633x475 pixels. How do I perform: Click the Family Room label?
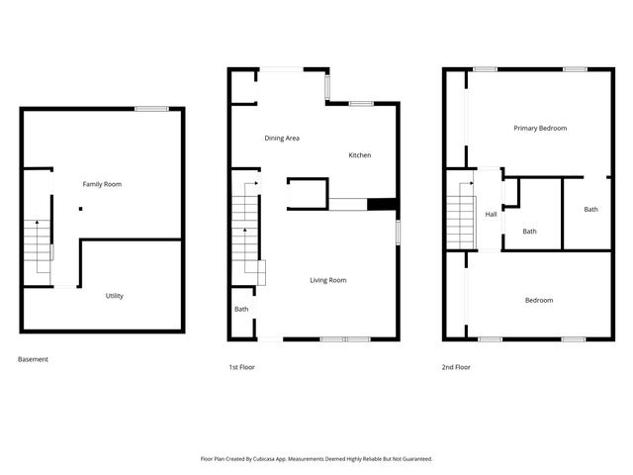102,184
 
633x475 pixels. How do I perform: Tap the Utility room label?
115,296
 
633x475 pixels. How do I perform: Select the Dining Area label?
282,139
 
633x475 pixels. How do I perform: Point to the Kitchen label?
359,155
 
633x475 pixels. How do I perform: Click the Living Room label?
327,280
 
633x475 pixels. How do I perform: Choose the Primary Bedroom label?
540,129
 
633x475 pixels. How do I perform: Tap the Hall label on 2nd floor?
491,214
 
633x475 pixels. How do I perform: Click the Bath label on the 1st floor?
241,310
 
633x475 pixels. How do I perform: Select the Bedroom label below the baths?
538,300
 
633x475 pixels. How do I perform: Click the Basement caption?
33,359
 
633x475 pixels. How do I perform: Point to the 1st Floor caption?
242,367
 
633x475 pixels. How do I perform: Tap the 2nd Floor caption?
456,367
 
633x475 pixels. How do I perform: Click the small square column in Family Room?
81,209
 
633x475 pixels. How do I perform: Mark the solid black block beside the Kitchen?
382,205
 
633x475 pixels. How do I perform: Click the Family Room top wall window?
150,108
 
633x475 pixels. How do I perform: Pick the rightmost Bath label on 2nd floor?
590,209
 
